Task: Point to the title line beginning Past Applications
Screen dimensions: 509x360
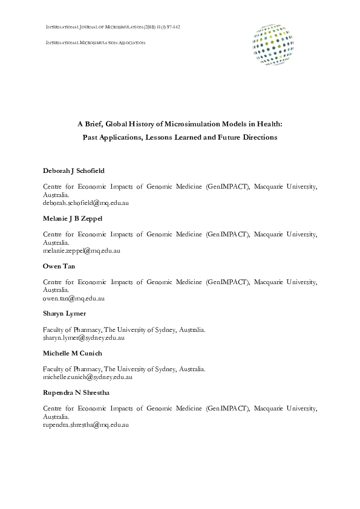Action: click(180, 137)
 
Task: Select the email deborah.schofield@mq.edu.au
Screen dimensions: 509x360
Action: click(86, 204)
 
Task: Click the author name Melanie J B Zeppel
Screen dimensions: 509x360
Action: click(73, 218)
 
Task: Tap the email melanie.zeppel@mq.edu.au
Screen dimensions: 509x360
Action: click(82, 250)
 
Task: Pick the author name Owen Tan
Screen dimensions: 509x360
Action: click(59, 265)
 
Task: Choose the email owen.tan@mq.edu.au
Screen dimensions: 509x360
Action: click(74, 298)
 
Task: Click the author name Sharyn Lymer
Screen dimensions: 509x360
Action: click(64, 314)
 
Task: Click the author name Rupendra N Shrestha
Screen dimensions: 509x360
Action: click(76, 393)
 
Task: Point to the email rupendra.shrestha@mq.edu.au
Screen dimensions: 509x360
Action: click(86, 426)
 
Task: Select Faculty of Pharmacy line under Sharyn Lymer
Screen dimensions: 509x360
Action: click(124, 329)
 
